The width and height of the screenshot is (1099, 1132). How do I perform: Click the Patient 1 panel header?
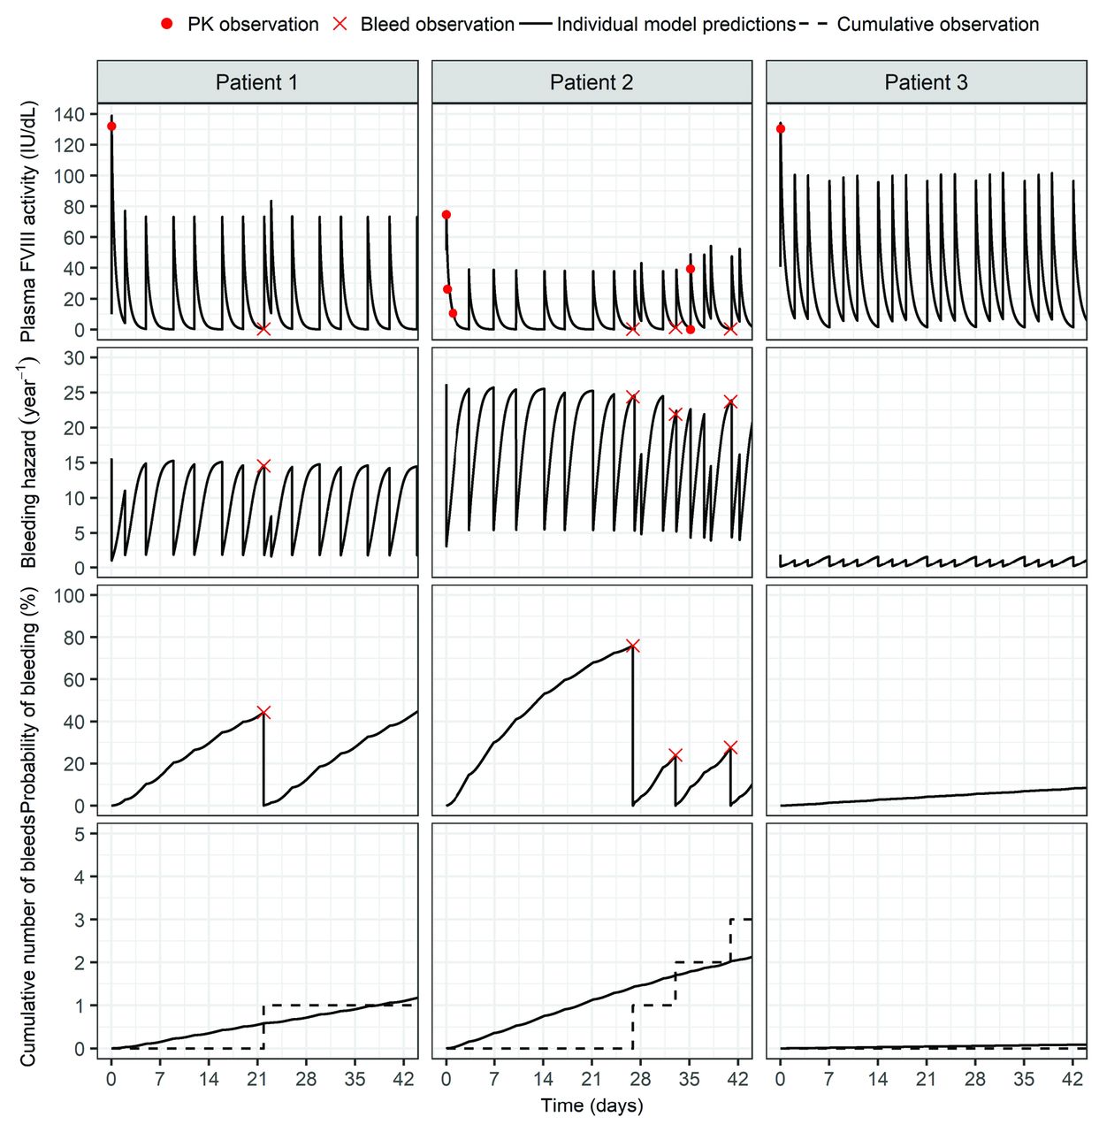tap(256, 82)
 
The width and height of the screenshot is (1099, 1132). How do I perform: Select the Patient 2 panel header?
tap(591, 82)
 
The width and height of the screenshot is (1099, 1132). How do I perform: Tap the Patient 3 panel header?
tap(926, 82)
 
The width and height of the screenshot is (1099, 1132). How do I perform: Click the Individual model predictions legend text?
tap(676, 25)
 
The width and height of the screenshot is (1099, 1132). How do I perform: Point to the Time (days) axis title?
tap(591, 1105)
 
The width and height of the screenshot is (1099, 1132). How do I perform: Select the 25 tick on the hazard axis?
tap(74, 393)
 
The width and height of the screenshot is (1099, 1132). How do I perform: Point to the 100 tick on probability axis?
tap(69, 596)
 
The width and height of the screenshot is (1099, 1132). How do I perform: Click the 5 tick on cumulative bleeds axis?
tap(80, 834)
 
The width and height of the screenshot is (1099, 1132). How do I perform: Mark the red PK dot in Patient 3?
tap(781, 129)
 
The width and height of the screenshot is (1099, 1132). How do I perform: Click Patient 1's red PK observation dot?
tap(111, 126)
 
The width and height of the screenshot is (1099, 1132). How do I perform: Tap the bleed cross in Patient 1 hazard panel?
tap(263, 465)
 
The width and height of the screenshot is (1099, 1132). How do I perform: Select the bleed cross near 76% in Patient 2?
tap(632, 646)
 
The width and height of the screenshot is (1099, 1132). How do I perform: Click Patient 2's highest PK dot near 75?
tap(446, 215)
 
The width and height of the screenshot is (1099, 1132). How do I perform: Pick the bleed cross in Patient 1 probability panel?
tap(263, 713)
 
